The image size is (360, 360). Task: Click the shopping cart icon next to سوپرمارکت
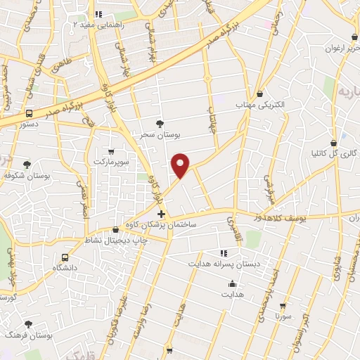pos(111,152)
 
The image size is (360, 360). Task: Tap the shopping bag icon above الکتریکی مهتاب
pos(261,94)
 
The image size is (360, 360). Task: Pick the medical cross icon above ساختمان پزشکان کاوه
pos(162,214)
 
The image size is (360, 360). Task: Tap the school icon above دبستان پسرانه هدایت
pos(224,253)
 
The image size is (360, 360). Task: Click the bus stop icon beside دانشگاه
pos(65,257)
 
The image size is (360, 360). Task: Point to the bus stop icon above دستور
pos(30,113)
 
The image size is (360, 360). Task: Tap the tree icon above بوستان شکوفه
pos(27,164)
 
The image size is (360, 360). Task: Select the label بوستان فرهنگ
pos(28,335)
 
